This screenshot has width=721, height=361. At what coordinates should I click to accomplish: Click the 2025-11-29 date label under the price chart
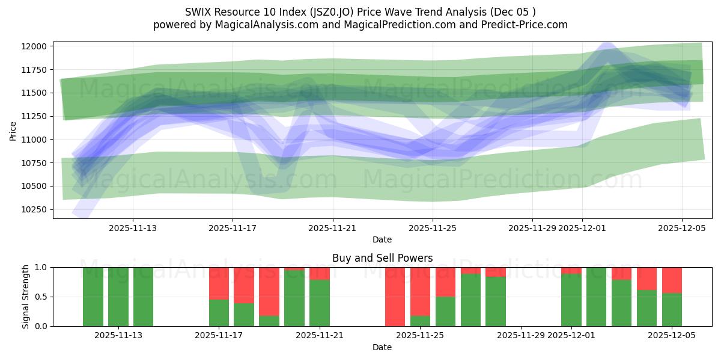click(x=532, y=229)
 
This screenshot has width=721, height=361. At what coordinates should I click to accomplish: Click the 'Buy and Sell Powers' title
click(x=382, y=258)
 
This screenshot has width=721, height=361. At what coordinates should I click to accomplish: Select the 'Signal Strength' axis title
click(x=26, y=297)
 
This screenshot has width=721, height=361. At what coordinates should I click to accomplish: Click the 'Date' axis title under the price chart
click(x=382, y=239)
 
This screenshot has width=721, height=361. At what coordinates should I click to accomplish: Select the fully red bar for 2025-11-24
click(x=395, y=297)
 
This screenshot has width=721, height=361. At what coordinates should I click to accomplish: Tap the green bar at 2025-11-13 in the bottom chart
click(x=143, y=297)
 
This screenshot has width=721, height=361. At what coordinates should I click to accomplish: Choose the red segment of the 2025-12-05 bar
click(x=672, y=280)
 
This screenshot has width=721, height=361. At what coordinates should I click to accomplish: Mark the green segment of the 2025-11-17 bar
click(x=219, y=313)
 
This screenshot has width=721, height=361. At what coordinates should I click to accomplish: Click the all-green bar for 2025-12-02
click(x=596, y=297)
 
